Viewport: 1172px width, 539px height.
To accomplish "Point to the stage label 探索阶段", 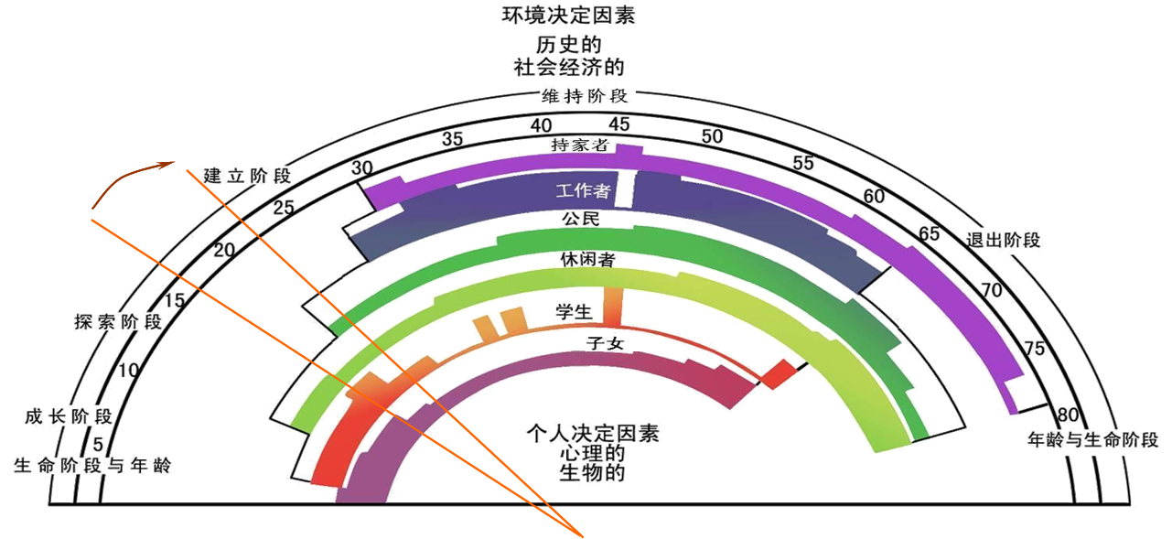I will [x=118, y=321].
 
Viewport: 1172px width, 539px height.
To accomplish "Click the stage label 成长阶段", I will [x=68, y=417].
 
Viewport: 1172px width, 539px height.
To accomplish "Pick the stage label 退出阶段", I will [x=1004, y=241].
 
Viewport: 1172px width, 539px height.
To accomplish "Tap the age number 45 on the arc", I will [x=619, y=124].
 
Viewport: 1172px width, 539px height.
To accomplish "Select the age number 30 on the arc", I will [x=362, y=168].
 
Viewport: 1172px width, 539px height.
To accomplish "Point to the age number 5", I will [x=97, y=444].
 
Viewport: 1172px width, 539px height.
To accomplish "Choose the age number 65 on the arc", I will [x=930, y=233].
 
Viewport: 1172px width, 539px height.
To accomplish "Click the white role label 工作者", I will [x=583, y=191].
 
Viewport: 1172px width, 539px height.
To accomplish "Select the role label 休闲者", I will [x=586, y=260].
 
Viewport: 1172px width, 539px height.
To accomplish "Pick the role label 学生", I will [x=575, y=312].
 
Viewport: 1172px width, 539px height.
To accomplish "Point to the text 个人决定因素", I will [x=593, y=433].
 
